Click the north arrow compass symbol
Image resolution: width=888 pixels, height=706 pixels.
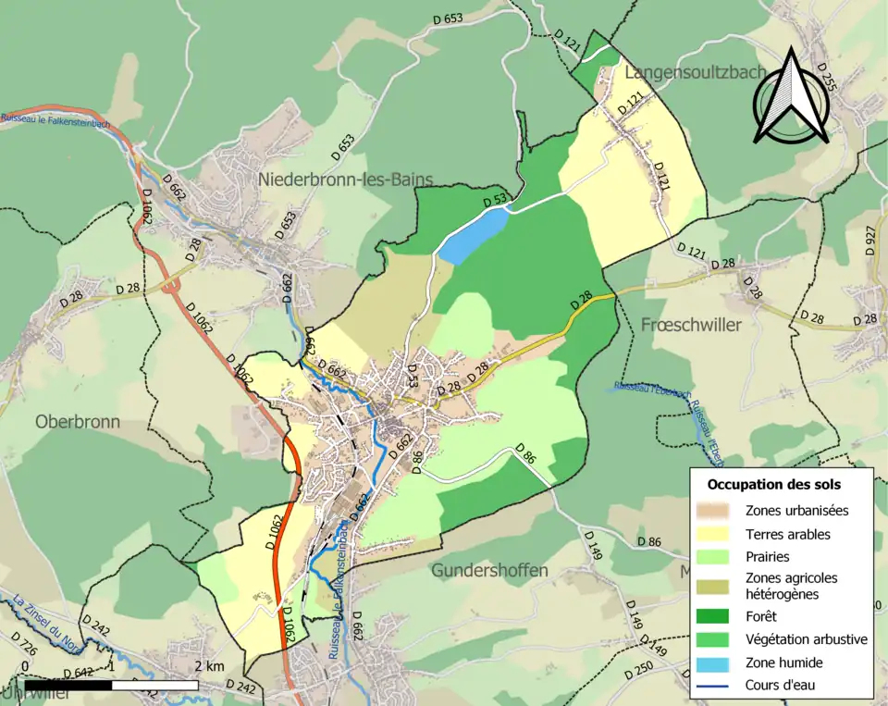790,97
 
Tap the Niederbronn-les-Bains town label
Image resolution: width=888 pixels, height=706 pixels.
346,179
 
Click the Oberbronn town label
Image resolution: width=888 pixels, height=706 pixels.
78,421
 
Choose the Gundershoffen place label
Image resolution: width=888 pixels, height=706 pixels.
489,570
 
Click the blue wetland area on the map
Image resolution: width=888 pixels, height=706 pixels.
473,235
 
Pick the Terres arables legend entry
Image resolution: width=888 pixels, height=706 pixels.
787,534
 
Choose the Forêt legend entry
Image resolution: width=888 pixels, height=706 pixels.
763,615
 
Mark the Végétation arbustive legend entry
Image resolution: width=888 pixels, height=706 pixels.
806,639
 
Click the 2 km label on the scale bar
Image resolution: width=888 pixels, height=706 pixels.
208,666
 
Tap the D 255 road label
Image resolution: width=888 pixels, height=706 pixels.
825,80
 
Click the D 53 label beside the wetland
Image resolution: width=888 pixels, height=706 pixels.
495,201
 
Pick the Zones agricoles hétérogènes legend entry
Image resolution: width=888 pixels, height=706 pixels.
791,585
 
